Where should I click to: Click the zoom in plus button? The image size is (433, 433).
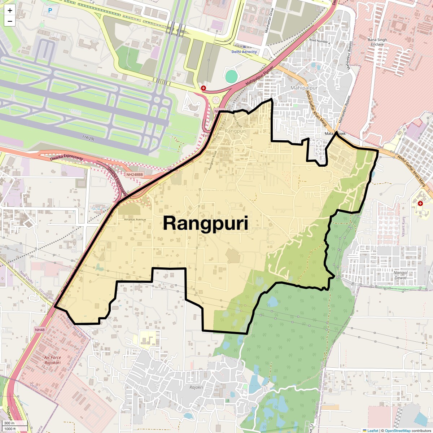pos(10,10)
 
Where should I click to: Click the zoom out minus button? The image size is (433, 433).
pos(10,21)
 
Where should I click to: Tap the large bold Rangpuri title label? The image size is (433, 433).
pos(205,223)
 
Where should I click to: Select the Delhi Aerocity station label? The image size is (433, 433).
pos(244,52)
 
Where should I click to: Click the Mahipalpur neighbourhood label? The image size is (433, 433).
pos(304,88)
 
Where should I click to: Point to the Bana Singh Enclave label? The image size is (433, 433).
pos(377,42)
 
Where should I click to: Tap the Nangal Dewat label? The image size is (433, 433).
pos(401,275)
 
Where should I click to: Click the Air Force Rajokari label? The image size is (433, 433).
pos(53,360)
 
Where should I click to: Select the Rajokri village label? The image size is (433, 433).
pos(196,387)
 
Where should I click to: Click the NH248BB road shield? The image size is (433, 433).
pos(135,175)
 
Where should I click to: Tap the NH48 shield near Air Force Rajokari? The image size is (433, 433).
pos(40,330)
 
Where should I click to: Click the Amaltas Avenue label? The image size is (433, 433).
pos(135,219)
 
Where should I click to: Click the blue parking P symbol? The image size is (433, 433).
pos(50,11)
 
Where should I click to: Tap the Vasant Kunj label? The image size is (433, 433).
pos(403,227)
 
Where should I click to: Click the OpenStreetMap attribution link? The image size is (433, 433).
pos(398,430)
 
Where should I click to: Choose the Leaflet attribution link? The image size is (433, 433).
pos(373,430)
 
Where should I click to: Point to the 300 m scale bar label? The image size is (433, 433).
pos(10,423)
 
